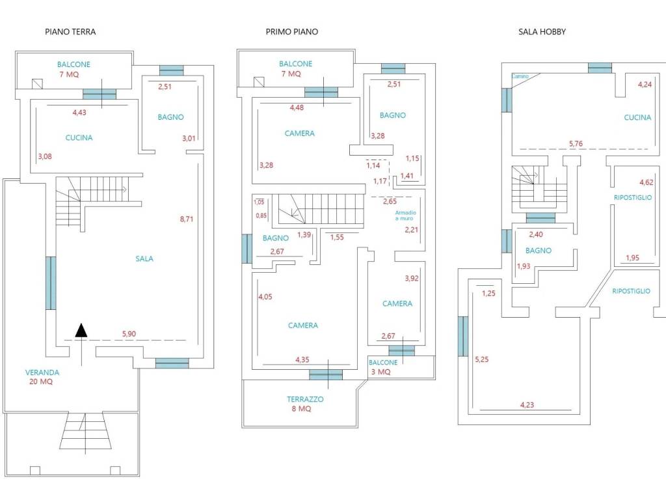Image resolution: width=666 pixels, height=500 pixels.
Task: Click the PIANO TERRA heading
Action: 70,31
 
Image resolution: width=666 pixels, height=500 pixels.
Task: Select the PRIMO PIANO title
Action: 292,31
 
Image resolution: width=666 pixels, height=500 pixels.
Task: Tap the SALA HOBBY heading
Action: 542,31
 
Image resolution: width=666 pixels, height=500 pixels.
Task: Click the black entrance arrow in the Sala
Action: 81,330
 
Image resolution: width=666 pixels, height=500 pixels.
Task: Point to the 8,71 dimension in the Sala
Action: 187,219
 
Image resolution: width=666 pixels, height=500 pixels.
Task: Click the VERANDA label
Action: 42,372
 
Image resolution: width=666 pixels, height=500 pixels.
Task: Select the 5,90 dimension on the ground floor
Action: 129,334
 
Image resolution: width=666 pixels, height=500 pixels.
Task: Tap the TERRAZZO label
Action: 305,399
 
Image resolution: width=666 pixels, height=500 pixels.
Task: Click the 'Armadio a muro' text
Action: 406,215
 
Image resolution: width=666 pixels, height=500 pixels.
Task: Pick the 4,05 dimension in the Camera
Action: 265,297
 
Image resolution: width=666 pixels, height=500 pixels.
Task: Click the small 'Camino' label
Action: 520,76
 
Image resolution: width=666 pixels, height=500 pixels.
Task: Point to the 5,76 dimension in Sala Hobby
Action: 576,144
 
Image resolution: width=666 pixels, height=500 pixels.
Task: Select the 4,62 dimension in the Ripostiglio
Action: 646,182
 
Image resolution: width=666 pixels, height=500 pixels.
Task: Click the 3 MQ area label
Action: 380,372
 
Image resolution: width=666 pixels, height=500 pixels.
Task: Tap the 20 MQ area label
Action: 41,382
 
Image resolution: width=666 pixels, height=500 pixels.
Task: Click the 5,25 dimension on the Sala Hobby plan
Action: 482,359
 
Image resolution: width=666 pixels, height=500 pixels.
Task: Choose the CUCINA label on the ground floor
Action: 79,137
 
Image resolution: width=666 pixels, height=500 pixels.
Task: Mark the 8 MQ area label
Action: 301,409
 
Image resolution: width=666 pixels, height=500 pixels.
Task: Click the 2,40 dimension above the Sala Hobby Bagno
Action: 536,234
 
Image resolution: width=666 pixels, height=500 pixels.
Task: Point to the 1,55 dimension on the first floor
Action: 338,237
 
